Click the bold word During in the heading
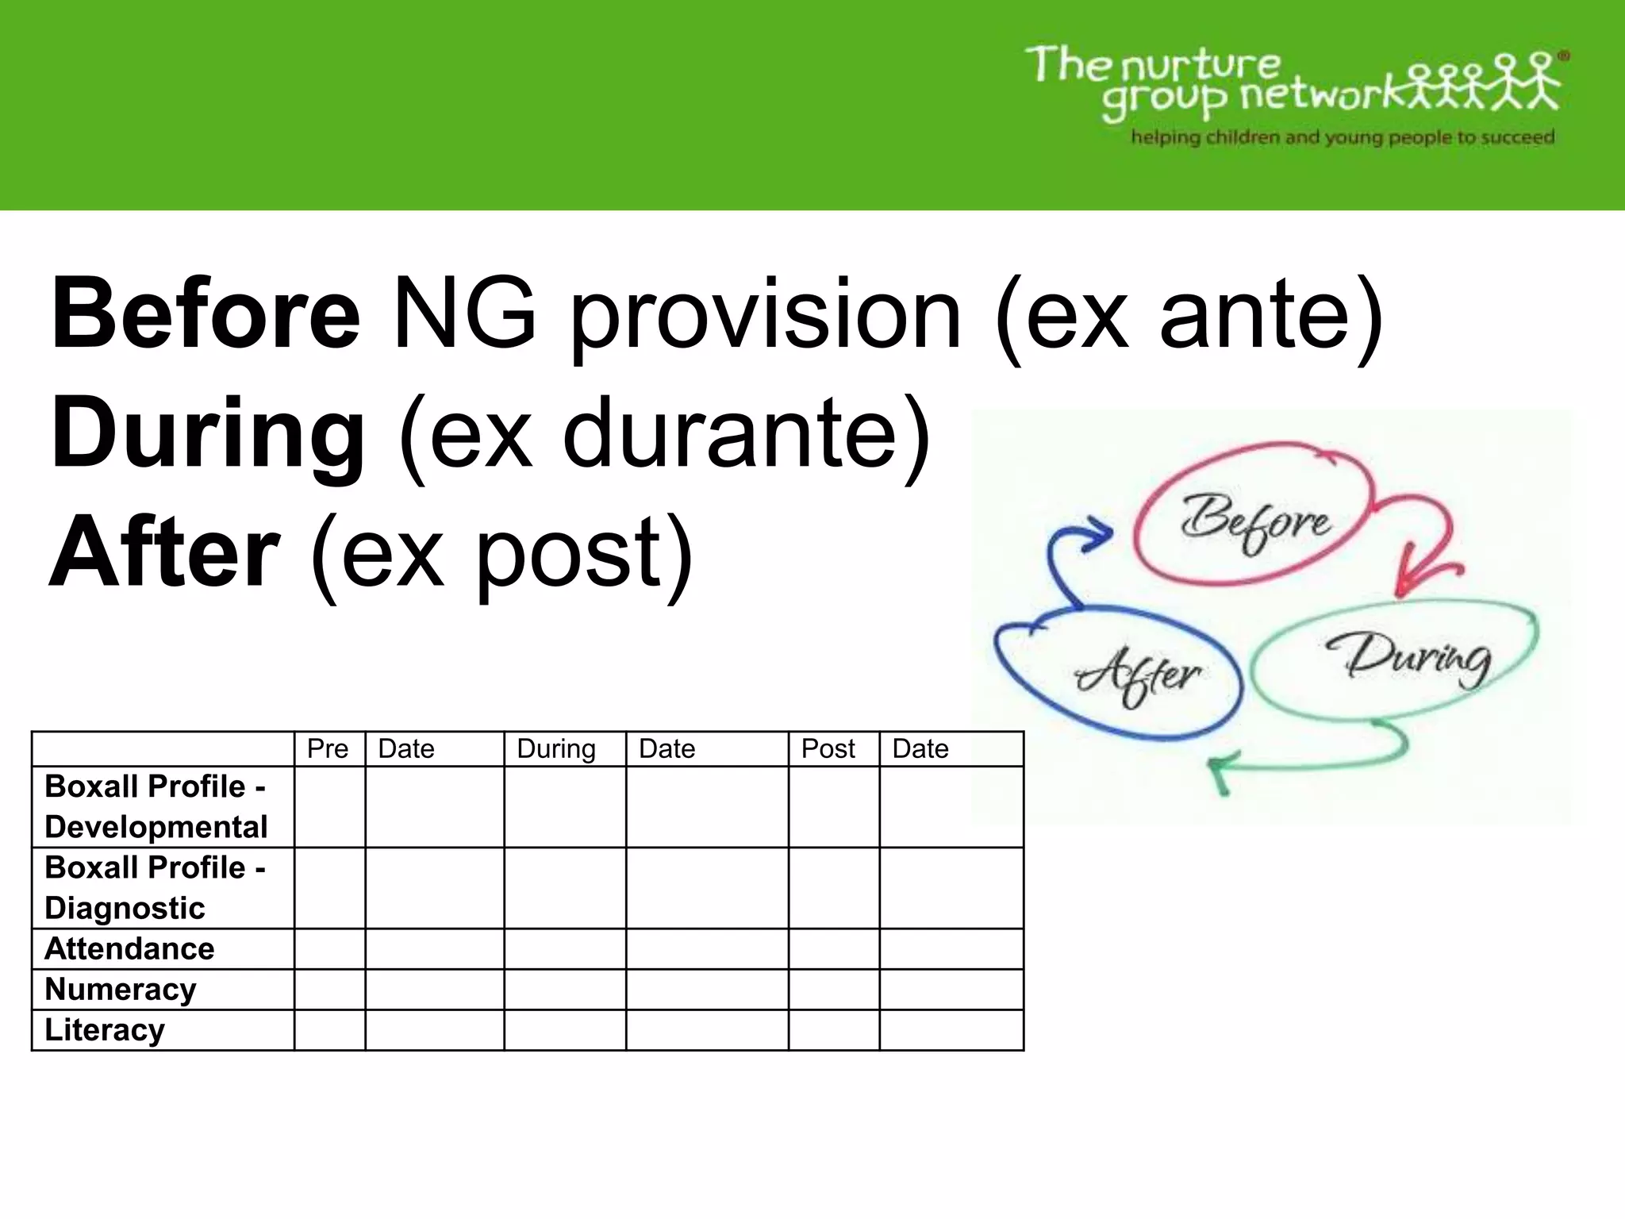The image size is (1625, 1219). point(208,434)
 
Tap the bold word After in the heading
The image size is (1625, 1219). point(164,552)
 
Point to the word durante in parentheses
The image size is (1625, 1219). point(733,434)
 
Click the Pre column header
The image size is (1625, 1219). point(328,748)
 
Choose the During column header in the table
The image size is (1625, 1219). point(556,748)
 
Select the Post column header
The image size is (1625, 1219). point(828,748)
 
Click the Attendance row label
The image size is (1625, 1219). point(129,948)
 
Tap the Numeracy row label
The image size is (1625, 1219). point(121,990)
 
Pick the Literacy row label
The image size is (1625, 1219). point(105,1030)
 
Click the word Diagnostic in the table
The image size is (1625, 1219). point(125,908)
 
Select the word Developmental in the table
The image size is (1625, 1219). point(156,827)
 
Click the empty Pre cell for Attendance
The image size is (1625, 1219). point(329,948)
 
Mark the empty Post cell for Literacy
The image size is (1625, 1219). point(834,1030)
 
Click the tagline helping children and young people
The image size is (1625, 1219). point(1343,137)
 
